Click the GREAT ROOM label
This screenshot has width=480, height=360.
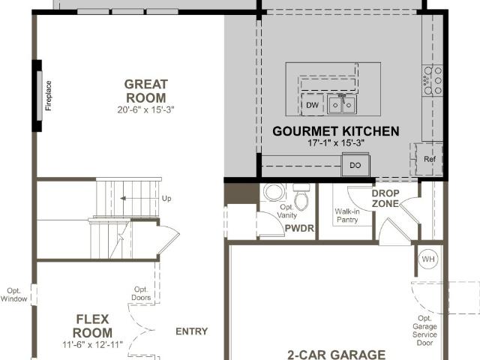click(x=146, y=91)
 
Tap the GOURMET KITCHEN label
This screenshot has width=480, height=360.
click(x=336, y=131)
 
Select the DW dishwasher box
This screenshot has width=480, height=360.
click(x=313, y=105)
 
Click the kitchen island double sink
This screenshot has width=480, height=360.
click(x=341, y=104)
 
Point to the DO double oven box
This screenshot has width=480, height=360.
click(x=355, y=165)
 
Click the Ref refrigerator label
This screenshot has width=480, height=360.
click(x=430, y=159)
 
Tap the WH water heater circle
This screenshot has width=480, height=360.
click(x=428, y=259)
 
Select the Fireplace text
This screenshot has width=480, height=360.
click(x=48, y=95)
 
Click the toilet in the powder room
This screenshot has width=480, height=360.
click(x=301, y=196)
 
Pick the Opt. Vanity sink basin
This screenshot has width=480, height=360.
click(x=274, y=192)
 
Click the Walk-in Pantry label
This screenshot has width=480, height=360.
click(x=347, y=215)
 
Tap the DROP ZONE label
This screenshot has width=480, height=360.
click(x=385, y=198)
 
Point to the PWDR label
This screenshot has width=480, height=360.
click(x=299, y=228)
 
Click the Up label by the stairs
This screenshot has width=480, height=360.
click(x=166, y=198)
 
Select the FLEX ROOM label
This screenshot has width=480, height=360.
click(x=92, y=326)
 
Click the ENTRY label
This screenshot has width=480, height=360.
click(x=192, y=331)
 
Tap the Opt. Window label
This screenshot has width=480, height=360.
click(x=13, y=295)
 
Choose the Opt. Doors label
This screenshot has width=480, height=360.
click(x=141, y=293)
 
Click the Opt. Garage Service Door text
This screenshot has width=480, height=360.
click(x=424, y=331)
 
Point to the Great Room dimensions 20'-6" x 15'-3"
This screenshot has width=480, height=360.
click(x=145, y=109)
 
